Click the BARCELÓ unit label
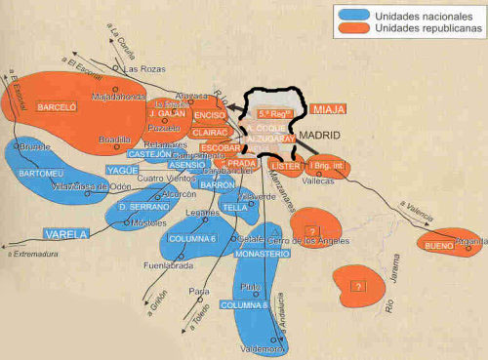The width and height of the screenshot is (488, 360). click(x=56, y=106)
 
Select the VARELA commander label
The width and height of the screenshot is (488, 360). click(x=66, y=234)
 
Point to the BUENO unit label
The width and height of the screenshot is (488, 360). click(x=439, y=248)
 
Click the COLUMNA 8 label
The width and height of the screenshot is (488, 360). click(x=242, y=304)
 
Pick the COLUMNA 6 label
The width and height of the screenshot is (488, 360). click(x=194, y=238)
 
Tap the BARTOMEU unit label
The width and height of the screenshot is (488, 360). click(x=39, y=174)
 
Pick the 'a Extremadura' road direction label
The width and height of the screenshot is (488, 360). click(x=31, y=255)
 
